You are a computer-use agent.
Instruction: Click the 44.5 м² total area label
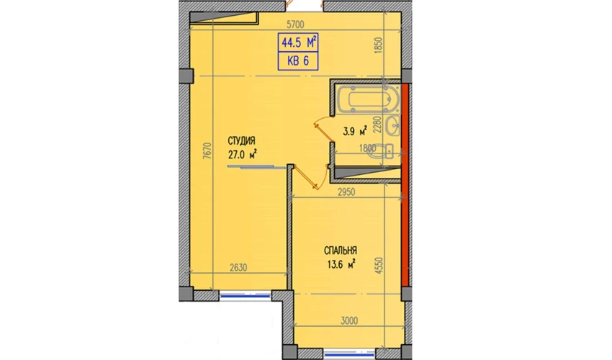299,42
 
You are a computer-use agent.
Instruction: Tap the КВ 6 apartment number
298,61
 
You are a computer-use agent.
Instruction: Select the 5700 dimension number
295,25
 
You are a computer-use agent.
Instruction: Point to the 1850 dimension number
378,45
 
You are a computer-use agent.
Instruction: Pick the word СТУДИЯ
242,141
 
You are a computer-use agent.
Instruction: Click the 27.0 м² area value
243,155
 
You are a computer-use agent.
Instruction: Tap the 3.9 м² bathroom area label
355,131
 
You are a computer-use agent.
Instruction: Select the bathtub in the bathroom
368,99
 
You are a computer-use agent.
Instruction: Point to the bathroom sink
392,126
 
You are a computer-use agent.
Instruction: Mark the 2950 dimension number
346,192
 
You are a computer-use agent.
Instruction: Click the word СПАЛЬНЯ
341,251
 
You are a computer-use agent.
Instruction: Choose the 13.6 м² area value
341,264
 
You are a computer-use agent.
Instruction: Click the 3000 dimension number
349,321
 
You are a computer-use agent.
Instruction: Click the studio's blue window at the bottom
245,296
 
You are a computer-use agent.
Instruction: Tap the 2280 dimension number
377,124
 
